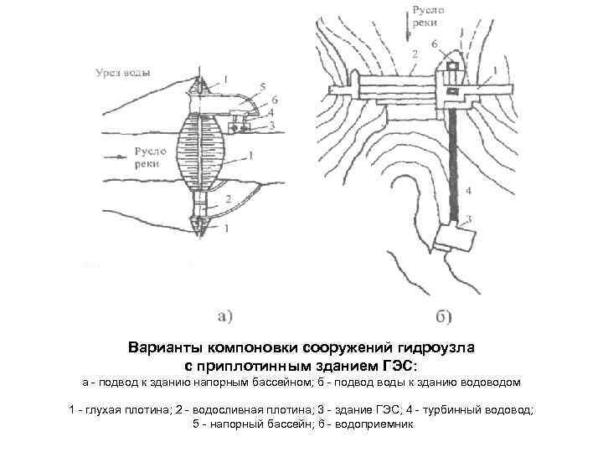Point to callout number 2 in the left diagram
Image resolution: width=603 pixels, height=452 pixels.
click(226, 199)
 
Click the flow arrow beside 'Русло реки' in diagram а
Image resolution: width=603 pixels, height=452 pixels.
click(115, 155)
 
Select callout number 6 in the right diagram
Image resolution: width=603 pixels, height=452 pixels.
click(433, 43)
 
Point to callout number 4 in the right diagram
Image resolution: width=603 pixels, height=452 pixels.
click(469, 191)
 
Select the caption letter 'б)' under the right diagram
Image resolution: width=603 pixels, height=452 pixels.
click(444, 316)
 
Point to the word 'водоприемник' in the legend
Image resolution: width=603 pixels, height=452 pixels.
click(374, 424)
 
